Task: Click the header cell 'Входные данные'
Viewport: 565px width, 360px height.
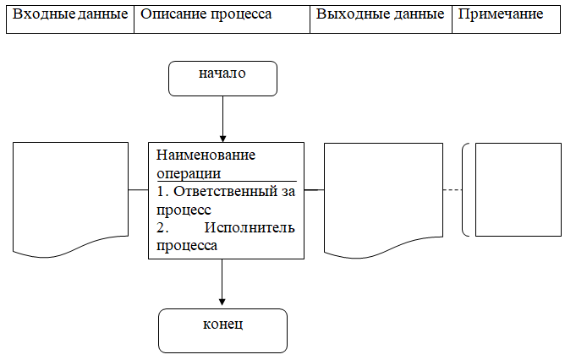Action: click(x=70, y=19)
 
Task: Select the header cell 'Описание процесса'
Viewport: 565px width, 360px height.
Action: click(x=222, y=19)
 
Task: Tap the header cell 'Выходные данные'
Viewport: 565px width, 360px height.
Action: click(x=381, y=19)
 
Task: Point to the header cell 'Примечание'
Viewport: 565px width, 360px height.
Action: click(x=507, y=19)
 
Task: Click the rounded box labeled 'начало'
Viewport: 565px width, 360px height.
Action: click(x=222, y=79)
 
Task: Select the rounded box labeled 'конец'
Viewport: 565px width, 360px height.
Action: click(x=222, y=330)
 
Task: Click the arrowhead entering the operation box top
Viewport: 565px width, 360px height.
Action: click(x=222, y=139)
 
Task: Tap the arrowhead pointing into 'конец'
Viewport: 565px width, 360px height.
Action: click(x=222, y=302)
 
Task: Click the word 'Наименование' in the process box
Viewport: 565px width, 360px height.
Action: click(x=206, y=155)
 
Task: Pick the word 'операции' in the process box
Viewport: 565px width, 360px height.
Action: click(x=189, y=173)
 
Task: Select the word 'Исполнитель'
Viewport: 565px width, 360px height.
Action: click(x=250, y=227)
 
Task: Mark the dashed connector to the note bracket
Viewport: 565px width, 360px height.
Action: click(x=453, y=190)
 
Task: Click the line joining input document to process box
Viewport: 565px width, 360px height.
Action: click(x=139, y=190)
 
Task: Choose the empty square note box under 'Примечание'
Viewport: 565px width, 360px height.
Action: click(x=518, y=190)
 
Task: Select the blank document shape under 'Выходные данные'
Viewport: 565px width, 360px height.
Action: click(x=383, y=196)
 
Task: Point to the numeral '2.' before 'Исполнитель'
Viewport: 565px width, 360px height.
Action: click(x=162, y=227)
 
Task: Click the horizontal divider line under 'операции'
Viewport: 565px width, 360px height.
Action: click(x=227, y=181)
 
